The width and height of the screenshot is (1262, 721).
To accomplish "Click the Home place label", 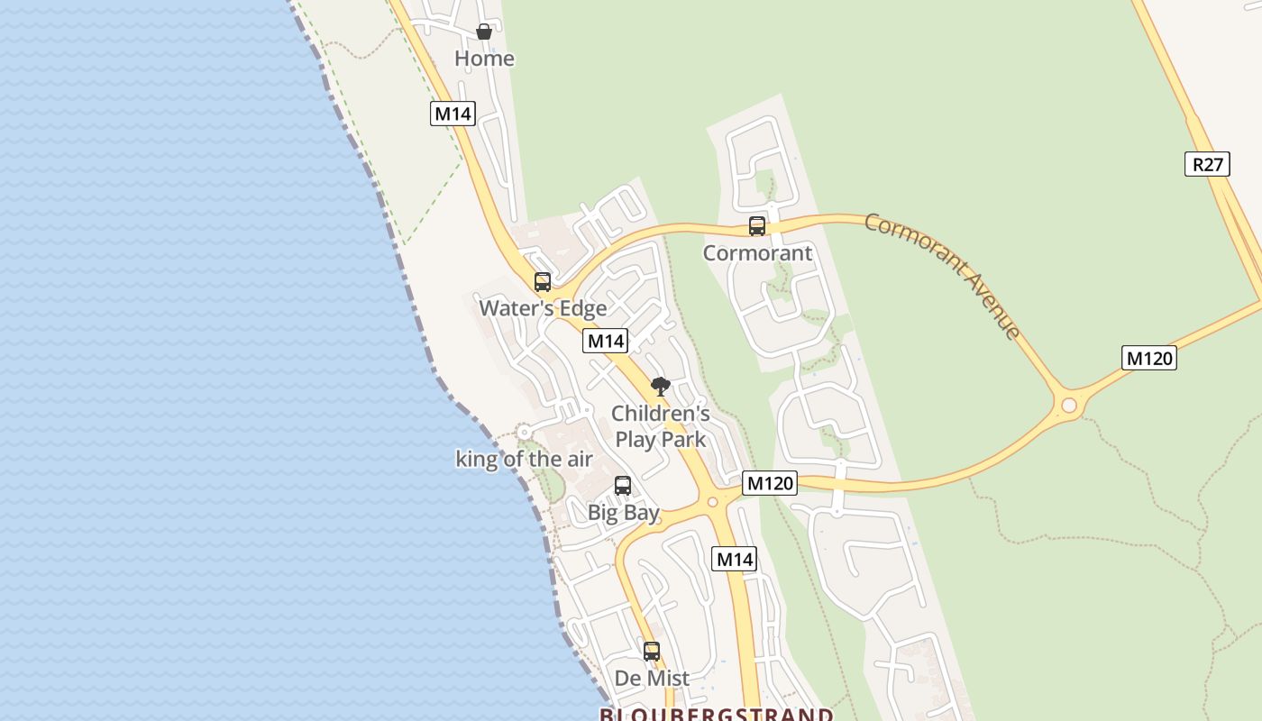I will coord(484,59).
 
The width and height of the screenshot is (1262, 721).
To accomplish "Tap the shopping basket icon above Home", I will coord(484,32).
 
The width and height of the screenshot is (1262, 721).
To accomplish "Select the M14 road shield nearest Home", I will coord(453,114).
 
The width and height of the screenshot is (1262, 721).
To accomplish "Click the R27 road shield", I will coord(1207,164).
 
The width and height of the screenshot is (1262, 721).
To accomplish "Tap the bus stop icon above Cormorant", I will coord(757,226).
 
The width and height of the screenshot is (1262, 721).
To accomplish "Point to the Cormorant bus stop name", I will coord(757,253).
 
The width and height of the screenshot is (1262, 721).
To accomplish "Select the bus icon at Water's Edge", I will coord(543,282).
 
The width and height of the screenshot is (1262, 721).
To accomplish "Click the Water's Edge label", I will coord(543,308).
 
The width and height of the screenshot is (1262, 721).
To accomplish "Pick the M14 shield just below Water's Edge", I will coord(606,341).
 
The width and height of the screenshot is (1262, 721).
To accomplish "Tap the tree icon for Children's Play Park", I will coord(661,387).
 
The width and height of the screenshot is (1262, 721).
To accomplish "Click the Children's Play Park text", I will coord(661,426).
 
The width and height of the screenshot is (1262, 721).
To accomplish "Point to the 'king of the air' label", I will coord(524,459).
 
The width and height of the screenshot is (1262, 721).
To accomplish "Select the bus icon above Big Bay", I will coord(623,486).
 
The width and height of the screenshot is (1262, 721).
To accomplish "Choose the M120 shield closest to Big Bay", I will coord(771,483).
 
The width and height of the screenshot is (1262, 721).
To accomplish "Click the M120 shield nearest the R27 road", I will coord(1149,358).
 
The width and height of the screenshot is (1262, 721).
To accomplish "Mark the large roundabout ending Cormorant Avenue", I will coord(1069,405).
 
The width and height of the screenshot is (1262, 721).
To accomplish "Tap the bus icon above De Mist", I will coord(652,651).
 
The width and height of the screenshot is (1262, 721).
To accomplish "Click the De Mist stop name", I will coord(652,678).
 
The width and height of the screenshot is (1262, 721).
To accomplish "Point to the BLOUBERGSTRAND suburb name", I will coord(717,714).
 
